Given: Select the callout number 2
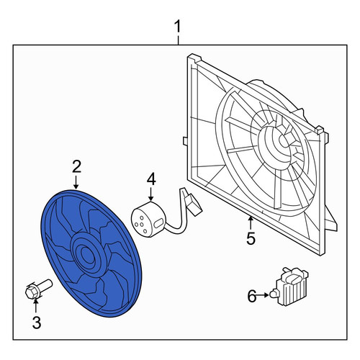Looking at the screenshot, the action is coord(76,166).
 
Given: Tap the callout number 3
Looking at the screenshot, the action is coord(37,322).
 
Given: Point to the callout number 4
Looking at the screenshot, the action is coord(151,179).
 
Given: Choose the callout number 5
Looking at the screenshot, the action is coord(251,238).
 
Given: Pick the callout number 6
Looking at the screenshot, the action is coord(252,296).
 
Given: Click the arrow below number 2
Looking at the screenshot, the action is coord(76,182).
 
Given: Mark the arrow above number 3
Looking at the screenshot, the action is coord(36,306).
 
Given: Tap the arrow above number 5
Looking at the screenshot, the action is coord(251,223).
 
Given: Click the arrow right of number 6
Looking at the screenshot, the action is coord(264,295).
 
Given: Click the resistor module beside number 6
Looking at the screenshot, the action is coord(291,287).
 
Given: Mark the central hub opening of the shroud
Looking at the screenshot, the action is coord(284,142).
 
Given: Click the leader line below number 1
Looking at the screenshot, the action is coord(178,40).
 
